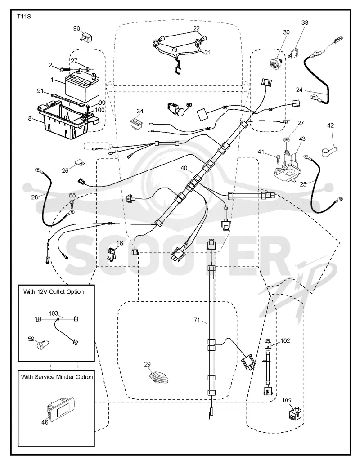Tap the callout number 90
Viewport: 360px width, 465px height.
[x=76, y=28]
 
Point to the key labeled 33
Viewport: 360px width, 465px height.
[x=294, y=52]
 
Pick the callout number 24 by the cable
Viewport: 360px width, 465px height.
[x=299, y=89]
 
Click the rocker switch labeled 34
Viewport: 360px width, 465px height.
[x=137, y=123]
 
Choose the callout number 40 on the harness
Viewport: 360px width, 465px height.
[x=184, y=168]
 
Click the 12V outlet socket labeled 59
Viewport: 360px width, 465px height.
[x=43, y=345]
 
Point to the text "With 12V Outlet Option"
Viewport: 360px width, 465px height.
[x=54, y=292]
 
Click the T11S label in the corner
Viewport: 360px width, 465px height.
[x=24, y=17]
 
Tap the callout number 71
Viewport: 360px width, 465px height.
[x=197, y=320]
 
